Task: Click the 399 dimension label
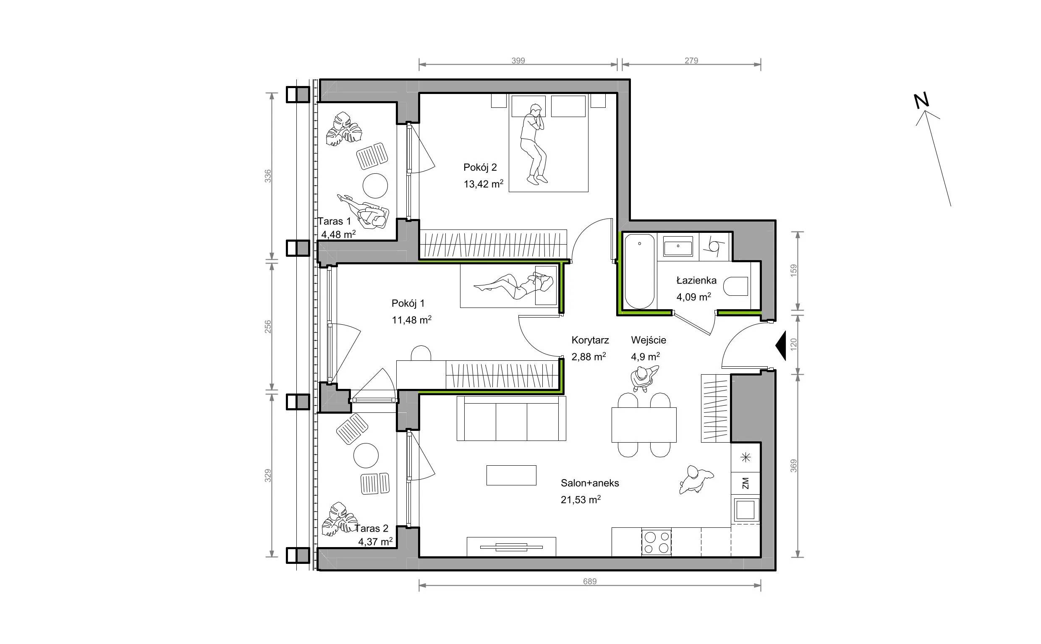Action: coord(518,60)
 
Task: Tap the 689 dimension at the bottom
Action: coord(590,581)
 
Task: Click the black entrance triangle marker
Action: coord(780,346)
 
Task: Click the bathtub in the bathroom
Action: coord(639,271)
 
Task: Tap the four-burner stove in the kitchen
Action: coord(656,542)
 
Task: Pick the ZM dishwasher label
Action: coord(745,483)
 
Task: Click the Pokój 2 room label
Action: coord(480,167)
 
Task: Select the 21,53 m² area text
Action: coord(581,499)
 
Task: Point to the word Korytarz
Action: coord(590,340)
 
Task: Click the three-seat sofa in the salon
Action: coord(511,418)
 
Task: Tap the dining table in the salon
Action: coord(644,425)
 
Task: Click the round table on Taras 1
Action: coord(375,186)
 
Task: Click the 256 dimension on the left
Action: coord(268,327)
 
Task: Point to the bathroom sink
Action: coord(678,248)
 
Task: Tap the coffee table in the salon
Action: coord(511,475)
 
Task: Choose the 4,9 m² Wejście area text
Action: coord(645,357)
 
